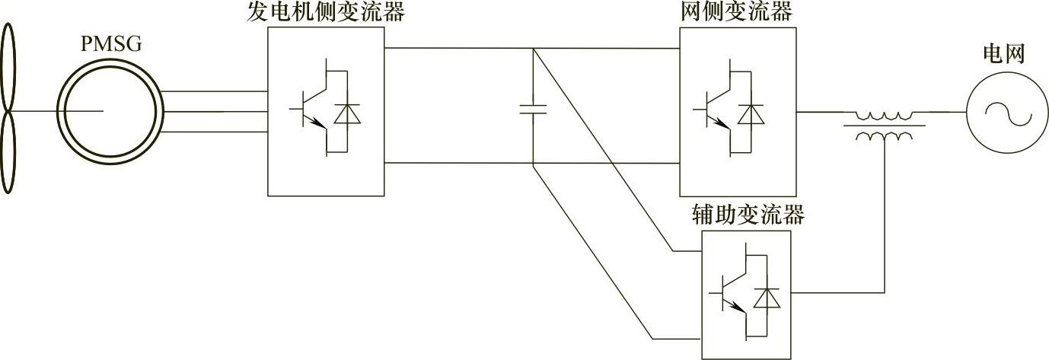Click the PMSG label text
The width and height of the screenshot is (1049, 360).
[x=111, y=45]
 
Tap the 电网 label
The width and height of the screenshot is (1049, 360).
[x=1004, y=54]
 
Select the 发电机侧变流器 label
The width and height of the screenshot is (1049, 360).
[x=325, y=12]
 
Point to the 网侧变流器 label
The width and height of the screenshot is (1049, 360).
[x=738, y=12]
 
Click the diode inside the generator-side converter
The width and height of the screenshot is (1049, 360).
[x=349, y=112]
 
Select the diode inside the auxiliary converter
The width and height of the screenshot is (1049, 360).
[x=767, y=298]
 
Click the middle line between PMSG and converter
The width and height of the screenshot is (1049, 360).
[x=215, y=112]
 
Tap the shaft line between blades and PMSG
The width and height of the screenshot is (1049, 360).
[x=38, y=112]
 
